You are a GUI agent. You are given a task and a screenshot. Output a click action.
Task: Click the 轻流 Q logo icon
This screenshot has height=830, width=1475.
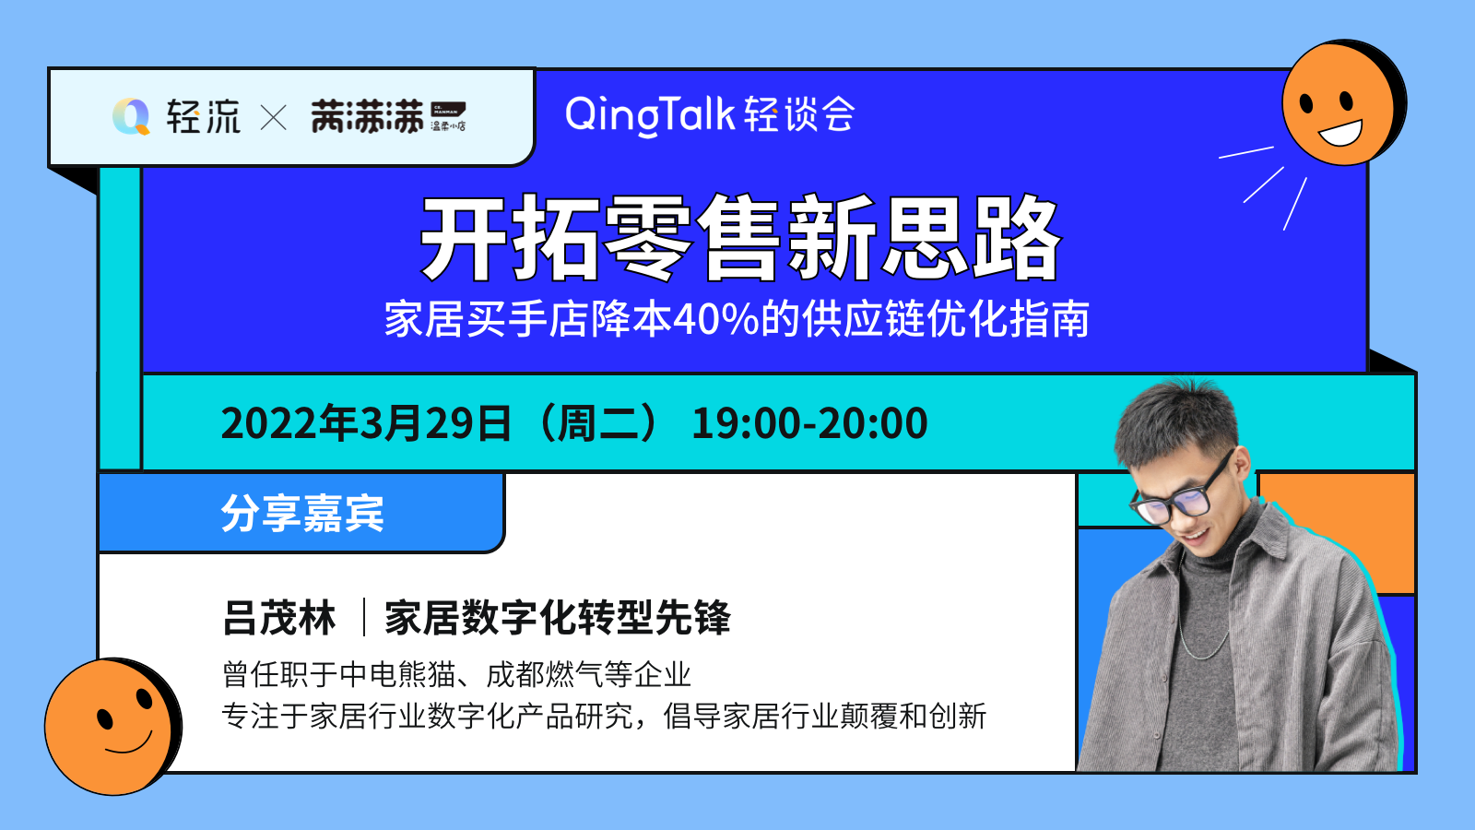[131, 116]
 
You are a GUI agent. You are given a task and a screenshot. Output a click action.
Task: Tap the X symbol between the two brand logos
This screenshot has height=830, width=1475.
[273, 118]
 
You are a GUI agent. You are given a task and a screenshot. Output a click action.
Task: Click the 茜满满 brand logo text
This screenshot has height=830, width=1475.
[367, 116]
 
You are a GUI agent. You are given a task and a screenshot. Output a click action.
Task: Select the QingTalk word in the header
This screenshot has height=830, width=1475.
[649, 115]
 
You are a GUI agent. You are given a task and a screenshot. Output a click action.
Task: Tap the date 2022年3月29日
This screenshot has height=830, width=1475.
[366, 423]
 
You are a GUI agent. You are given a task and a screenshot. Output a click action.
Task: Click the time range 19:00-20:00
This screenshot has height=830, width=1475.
[809, 423]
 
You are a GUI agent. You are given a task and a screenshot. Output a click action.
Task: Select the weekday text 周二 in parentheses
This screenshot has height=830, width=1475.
[598, 423]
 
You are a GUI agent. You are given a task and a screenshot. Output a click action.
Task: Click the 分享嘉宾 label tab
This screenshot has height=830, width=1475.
[302, 513]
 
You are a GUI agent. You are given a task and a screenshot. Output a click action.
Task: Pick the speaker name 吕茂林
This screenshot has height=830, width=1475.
[279, 618]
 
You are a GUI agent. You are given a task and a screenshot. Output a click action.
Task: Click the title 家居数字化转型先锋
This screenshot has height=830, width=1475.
[558, 618]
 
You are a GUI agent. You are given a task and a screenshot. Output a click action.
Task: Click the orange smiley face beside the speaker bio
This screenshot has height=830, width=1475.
[112, 726]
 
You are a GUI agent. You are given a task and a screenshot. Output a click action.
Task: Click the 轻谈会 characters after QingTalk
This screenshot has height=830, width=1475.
[799, 114]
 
